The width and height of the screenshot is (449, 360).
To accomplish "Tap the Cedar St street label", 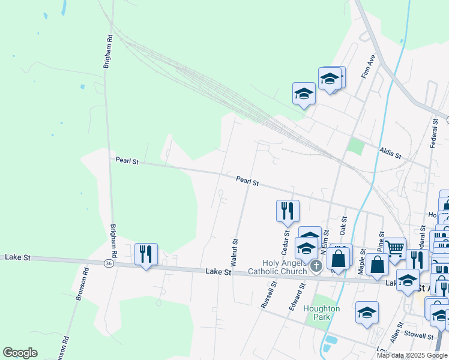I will click(286, 242).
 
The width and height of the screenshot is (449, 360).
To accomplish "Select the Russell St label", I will click(268, 295).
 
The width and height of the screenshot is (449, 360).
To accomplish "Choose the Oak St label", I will click(343, 226).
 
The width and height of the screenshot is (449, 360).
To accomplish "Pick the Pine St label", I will click(381, 242).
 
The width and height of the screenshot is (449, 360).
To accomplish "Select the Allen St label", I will click(396, 331).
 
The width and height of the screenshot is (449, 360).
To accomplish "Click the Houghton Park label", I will click(321, 313).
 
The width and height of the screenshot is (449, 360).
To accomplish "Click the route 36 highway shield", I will click(108, 263).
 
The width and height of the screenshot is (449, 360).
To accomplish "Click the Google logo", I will click(20, 353).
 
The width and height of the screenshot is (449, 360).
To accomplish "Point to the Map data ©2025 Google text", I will click(412, 355).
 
